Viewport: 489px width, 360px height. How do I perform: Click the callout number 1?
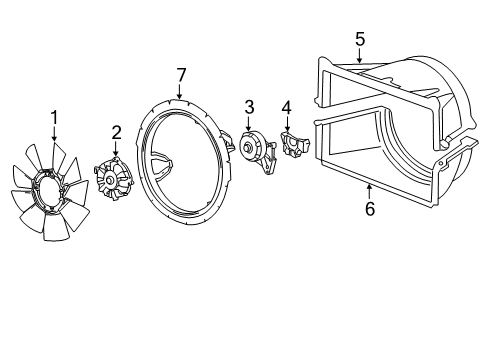(x=54, y=116)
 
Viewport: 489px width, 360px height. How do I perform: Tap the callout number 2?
(x=116, y=131)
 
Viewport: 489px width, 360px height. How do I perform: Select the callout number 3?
(x=249, y=106)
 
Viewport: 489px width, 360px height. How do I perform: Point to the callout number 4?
(x=286, y=107)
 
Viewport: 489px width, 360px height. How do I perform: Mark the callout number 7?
(x=181, y=74)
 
